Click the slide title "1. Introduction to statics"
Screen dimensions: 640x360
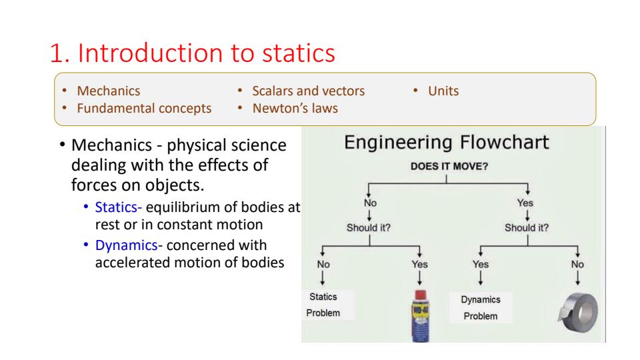click(x=192, y=53)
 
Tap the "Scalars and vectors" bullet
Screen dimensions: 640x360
click(x=308, y=91)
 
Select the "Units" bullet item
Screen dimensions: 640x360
click(x=443, y=91)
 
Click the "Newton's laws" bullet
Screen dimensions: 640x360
click(x=295, y=108)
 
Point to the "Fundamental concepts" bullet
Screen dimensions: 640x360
click(x=144, y=109)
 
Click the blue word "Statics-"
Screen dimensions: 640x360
click(x=119, y=207)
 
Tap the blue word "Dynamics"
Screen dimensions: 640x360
click(x=126, y=245)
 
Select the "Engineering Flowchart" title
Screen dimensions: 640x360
click(x=447, y=143)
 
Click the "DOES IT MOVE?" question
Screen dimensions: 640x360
click(x=449, y=167)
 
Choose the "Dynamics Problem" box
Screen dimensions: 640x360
click(x=481, y=308)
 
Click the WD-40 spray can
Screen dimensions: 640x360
click(x=421, y=316)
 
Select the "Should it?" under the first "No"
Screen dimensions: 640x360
click(x=368, y=228)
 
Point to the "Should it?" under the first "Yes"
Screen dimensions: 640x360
click(x=527, y=228)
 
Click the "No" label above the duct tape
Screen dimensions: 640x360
click(x=577, y=265)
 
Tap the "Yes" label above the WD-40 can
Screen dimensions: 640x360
click(x=419, y=265)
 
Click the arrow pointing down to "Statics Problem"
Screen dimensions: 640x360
click(x=323, y=277)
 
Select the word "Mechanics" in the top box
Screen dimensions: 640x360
click(x=109, y=91)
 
